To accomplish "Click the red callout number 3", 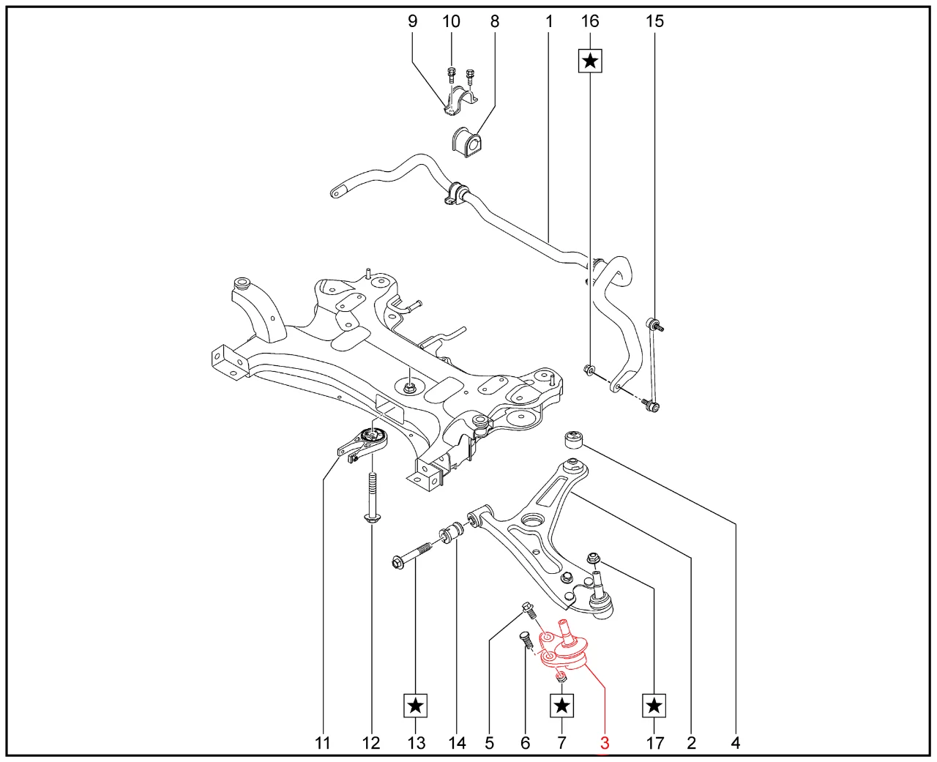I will (x=605, y=743).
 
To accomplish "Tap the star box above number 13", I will (x=416, y=706).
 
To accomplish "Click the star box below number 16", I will (x=590, y=61).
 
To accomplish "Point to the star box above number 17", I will (x=654, y=706).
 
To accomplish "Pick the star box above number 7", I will (x=561, y=706).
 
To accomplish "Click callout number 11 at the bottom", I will (x=323, y=743).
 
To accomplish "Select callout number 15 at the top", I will (x=654, y=21).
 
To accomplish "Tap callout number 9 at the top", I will (x=412, y=21).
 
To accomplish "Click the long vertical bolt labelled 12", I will (x=372, y=498).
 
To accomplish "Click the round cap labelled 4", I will (x=573, y=440).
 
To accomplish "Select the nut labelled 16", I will (x=588, y=369).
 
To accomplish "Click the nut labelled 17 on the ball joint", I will (x=594, y=561).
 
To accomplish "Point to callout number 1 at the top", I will (x=549, y=21).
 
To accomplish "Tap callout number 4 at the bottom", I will (x=735, y=743).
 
